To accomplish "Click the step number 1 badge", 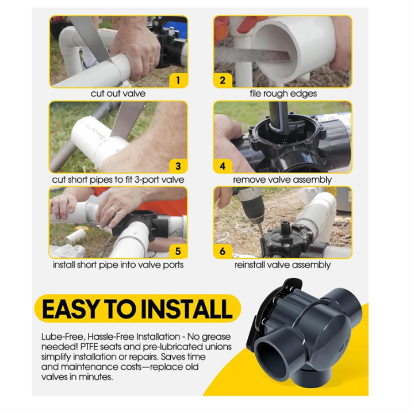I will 178,80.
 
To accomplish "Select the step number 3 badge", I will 178,166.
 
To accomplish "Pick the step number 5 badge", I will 178,251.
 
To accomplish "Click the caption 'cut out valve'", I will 118,94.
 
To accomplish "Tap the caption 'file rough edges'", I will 283,94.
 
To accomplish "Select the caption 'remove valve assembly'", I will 282,180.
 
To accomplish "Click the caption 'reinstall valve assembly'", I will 282,265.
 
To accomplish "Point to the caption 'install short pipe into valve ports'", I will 118,265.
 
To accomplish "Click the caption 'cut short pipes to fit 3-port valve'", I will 118,180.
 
